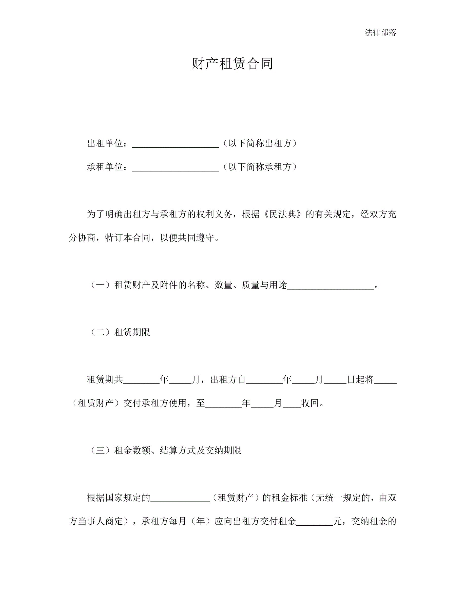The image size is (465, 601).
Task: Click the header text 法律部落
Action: point(380,32)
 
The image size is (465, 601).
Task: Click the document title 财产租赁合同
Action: point(232,63)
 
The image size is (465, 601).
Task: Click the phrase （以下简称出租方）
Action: point(260,143)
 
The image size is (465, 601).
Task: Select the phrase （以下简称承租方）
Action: point(260,167)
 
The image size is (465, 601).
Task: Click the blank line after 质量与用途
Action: point(331,286)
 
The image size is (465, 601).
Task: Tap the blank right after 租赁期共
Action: point(141,381)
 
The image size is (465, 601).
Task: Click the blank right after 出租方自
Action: point(264,381)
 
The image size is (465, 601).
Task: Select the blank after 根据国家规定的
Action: point(180,499)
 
